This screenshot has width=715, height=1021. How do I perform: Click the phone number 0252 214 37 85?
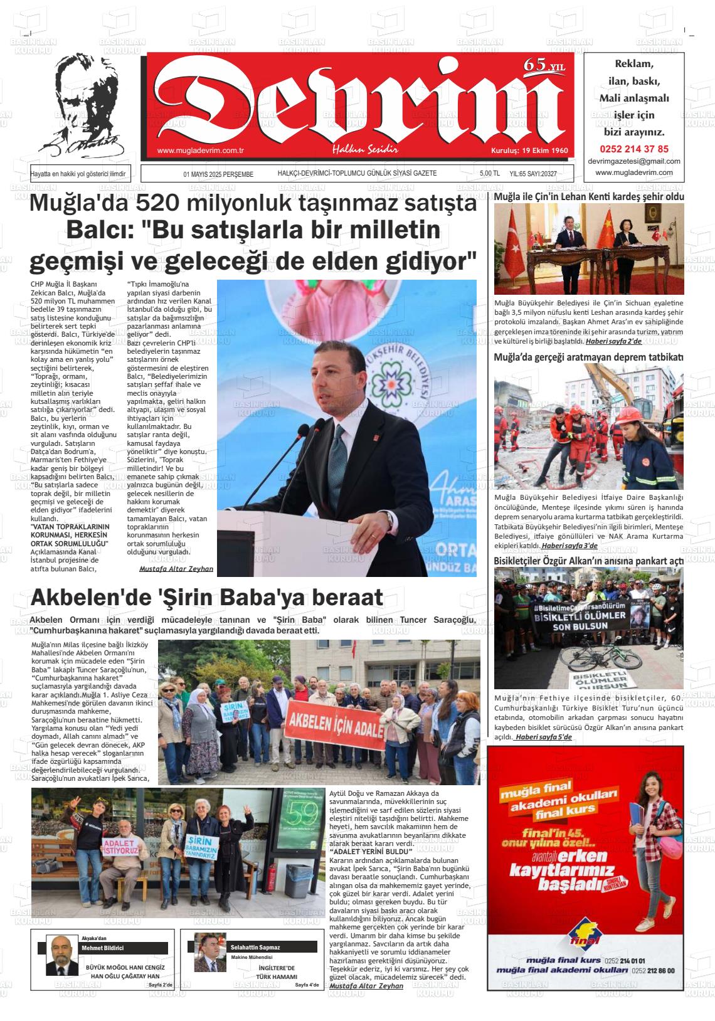(x=634, y=149)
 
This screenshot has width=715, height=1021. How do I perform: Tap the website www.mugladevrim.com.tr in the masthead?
(x=200, y=151)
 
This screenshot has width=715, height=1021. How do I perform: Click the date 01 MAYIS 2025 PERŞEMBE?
(x=218, y=174)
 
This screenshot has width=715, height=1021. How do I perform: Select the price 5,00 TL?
(x=489, y=174)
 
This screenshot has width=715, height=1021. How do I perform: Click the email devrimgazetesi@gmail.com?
(x=634, y=161)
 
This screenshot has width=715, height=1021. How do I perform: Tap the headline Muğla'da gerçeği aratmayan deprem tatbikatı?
(x=588, y=357)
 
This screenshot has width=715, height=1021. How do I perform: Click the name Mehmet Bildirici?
(x=103, y=948)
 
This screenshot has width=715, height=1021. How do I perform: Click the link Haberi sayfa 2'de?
(x=613, y=341)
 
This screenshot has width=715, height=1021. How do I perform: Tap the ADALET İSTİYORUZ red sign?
(x=121, y=847)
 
